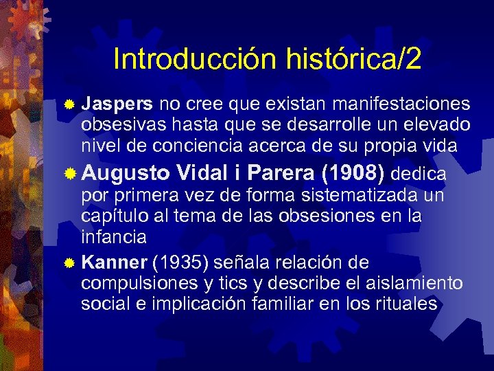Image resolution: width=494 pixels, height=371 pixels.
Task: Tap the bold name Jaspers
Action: point(117,104)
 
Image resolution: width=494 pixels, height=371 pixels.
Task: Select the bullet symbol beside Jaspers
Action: point(69,105)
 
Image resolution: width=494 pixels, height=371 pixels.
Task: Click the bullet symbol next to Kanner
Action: point(69,263)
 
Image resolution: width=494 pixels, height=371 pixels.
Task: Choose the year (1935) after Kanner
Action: point(181,262)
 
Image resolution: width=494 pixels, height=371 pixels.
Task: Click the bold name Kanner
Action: point(114,262)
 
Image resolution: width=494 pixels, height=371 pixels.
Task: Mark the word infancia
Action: point(113,237)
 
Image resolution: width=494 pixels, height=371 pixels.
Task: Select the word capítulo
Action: point(111,217)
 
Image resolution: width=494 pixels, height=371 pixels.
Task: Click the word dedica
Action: point(421,173)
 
